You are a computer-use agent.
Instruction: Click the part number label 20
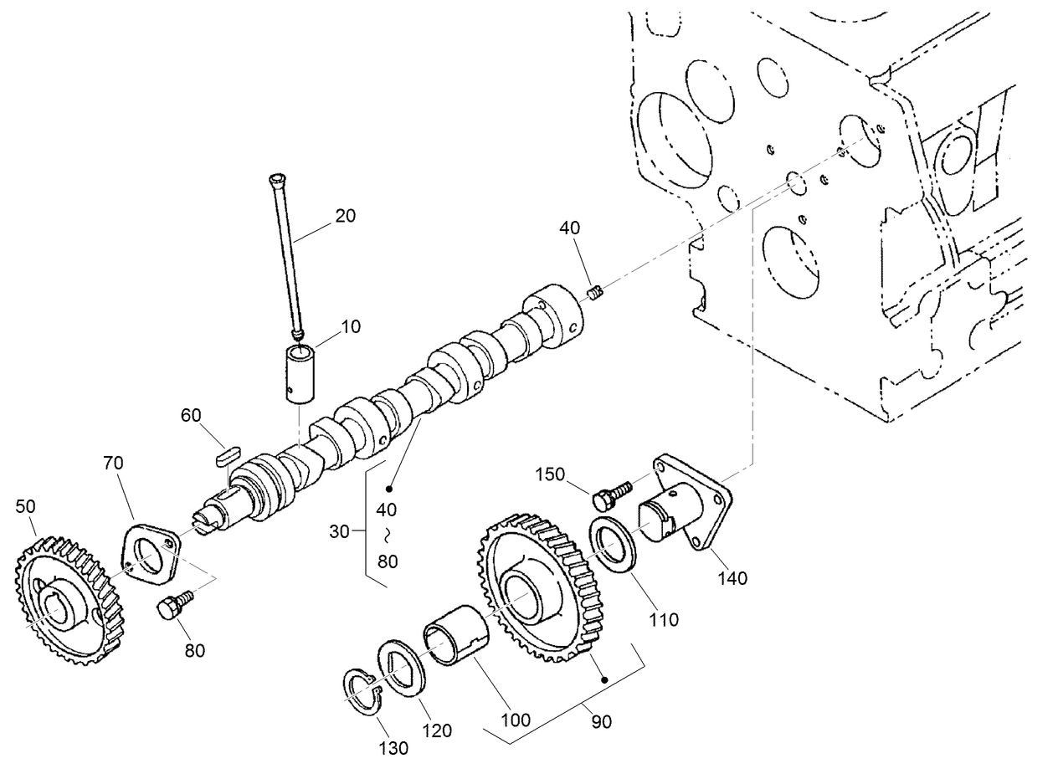345,215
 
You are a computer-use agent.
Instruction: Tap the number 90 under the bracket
601,721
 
